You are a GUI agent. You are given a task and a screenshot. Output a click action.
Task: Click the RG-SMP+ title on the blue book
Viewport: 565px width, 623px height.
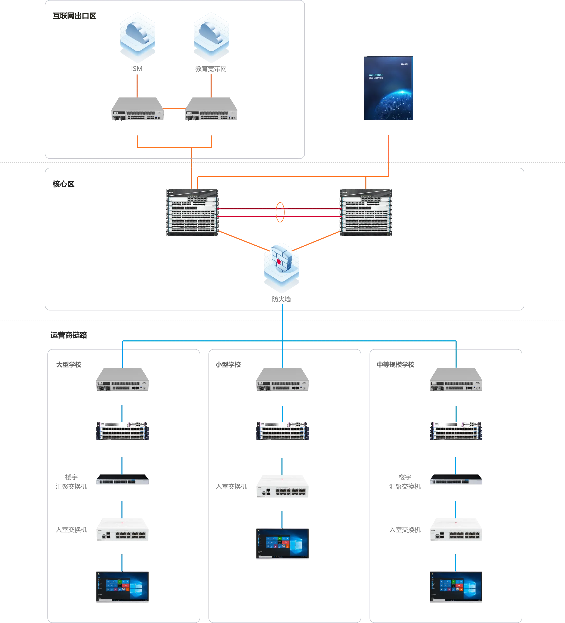[x=376, y=75]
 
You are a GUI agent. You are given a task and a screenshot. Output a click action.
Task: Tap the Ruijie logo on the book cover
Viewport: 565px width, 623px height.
[x=404, y=64]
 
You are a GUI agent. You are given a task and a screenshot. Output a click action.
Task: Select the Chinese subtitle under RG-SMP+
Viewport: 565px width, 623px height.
[x=376, y=78]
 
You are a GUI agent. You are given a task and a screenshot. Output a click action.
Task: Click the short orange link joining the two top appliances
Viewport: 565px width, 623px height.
[x=174, y=108]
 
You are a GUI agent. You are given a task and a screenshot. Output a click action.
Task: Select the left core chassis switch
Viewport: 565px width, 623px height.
[x=192, y=212]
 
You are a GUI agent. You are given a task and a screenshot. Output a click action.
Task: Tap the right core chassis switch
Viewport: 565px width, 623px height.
[x=366, y=212]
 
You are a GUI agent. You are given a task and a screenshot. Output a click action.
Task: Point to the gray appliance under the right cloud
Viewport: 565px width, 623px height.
[x=211, y=109]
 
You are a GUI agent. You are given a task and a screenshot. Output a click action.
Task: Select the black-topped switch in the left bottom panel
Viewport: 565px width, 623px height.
[x=123, y=479]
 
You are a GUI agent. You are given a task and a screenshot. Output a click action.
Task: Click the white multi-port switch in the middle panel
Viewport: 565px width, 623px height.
[x=282, y=485]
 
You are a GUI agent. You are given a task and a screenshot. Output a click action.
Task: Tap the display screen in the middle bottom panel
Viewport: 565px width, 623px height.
[x=282, y=544]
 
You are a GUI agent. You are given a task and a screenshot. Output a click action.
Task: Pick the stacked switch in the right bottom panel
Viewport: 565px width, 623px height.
[x=456, y=431]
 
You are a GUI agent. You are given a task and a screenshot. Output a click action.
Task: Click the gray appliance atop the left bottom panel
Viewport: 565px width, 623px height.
[x=123, y=379]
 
